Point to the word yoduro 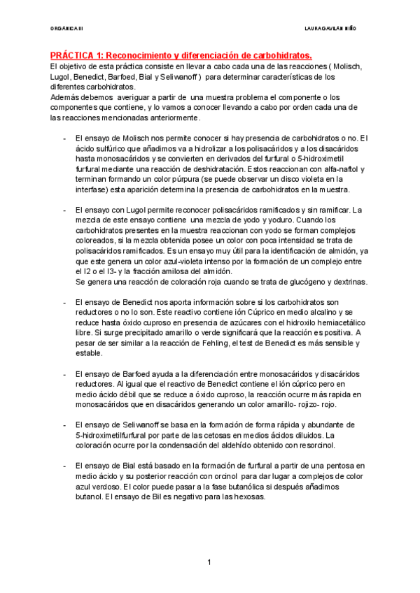pos(266,220)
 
